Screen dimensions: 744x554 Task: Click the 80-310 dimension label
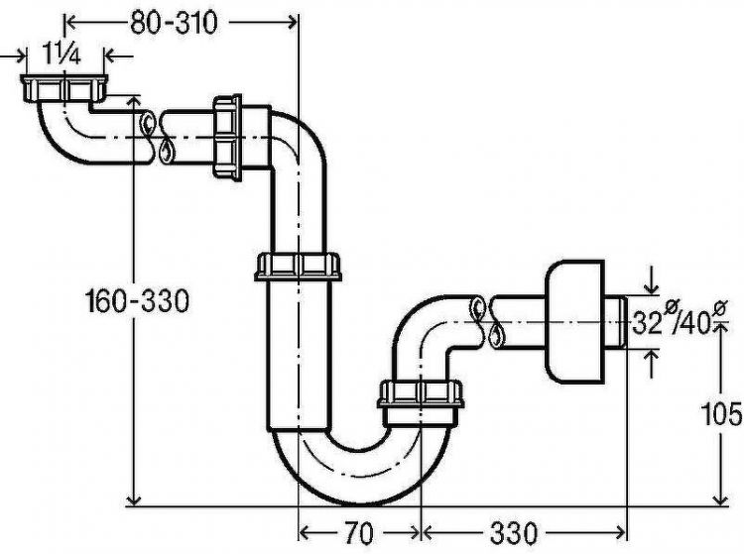174,22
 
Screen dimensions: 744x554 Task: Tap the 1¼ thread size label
62,54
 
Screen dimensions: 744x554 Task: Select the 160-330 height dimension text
137,301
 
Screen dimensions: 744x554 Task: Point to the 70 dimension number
359,533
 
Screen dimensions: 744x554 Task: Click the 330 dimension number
514,533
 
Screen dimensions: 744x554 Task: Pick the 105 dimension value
721,413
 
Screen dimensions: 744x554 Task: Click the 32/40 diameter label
679,321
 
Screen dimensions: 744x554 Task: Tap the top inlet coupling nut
64,88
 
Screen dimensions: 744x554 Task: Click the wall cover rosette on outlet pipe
575,322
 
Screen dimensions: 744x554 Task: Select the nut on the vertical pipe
298,267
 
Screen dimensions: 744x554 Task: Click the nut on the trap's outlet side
421,393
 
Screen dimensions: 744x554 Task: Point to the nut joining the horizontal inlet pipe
227,138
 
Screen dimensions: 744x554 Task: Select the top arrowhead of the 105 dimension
721,330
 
